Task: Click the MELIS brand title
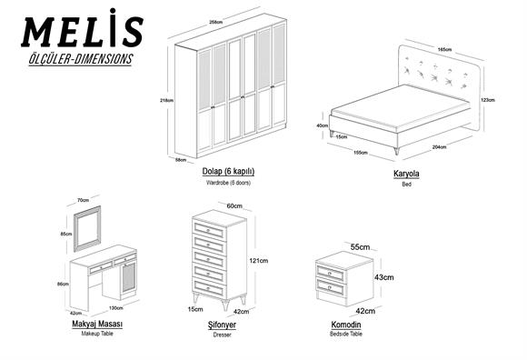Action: point(83,32)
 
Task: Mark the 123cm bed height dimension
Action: point(486,100)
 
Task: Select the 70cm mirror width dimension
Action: point(83,199)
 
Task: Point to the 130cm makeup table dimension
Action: point(116,308)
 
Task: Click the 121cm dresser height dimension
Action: point(258,261)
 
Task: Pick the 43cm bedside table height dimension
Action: point(383,276)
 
